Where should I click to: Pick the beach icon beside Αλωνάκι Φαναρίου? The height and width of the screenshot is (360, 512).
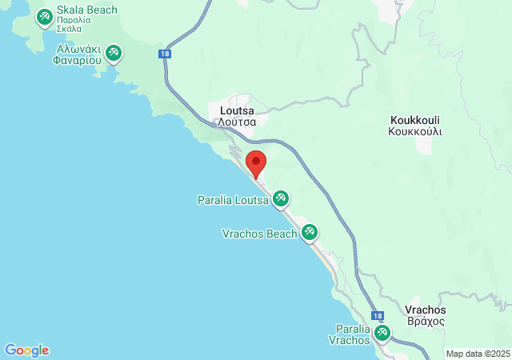tap(114, 53)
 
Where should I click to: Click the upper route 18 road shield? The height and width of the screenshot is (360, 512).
tap(165, 54)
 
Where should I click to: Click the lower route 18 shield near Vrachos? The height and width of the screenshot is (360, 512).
tap(378, 316)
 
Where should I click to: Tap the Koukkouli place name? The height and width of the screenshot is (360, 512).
tap(415, 117)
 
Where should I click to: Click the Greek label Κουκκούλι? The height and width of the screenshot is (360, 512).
tap(415, 130)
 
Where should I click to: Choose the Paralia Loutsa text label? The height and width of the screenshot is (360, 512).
tap(232, 200)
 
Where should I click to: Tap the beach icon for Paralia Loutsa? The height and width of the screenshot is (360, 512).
tap(280, 198)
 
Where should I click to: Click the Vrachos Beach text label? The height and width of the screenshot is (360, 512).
tap(259, 234)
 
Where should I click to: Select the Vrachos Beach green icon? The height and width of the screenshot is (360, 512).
tap(310, 233)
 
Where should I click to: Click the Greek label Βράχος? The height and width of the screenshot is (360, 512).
tap(426, 321)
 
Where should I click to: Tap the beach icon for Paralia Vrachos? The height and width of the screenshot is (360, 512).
tap(382, 332)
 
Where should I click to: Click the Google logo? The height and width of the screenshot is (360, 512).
tap(27, 350)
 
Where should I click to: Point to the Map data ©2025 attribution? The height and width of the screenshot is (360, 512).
tap(477, 353)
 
